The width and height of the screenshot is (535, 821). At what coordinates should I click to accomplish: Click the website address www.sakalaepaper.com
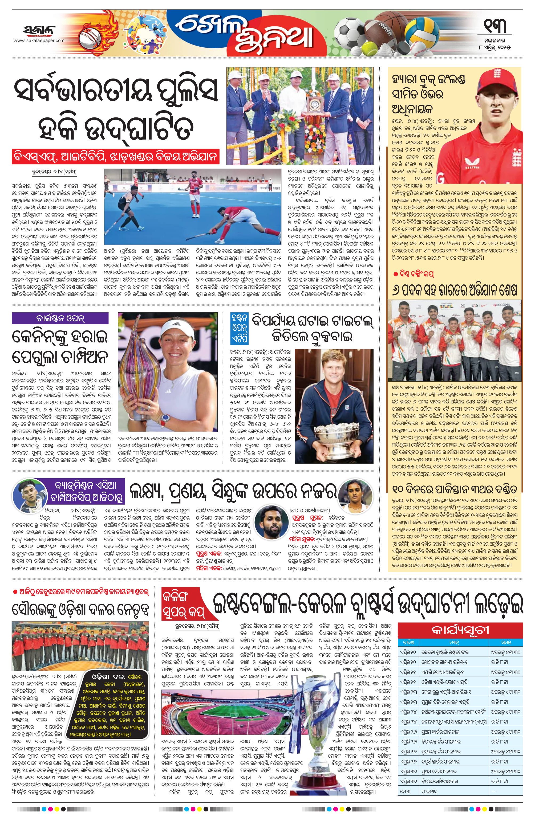click(39, 41)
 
